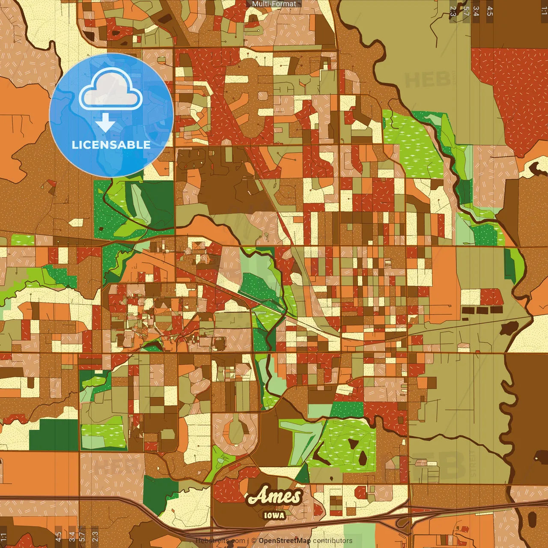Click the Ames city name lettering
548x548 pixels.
click(274, 496)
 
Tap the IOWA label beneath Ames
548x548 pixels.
click(274, 515)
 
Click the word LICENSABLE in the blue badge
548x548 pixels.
click(111, 145)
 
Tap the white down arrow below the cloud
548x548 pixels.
click(105, 123)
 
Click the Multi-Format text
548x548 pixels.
click(274, 4)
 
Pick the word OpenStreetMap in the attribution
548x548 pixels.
click(284, 541)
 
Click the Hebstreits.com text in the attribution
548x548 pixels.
click(220, 541)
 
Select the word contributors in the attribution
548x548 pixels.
click(333, 541)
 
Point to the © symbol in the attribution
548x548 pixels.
click(254, 541)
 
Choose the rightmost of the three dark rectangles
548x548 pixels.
click(496, 310)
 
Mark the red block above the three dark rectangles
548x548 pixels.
click(491, 297)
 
